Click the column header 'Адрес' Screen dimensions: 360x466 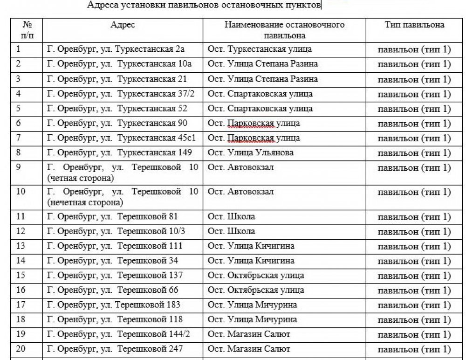coord(123,25)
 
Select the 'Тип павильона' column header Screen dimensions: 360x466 coord(414,25)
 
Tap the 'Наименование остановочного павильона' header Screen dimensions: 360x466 coord(284,30)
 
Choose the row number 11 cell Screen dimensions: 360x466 coord(21,216)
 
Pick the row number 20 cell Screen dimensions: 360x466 coord(21,349)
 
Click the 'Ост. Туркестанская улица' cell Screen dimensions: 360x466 coord(260,49)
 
